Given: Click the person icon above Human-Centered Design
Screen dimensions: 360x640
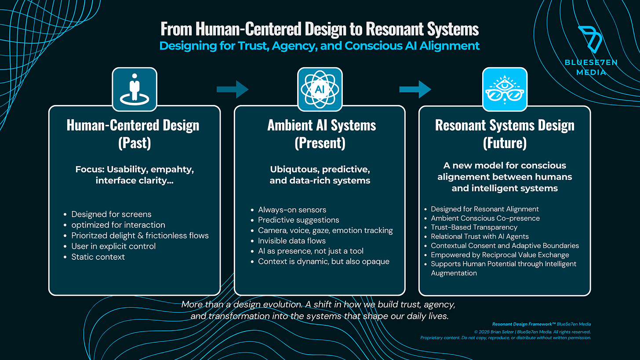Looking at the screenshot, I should click(134, 89).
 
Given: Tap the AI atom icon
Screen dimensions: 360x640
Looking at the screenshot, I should click(320, 89).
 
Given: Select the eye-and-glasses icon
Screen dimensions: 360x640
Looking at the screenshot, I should click(505, 89).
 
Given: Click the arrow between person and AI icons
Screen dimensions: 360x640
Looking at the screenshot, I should click(233, 89).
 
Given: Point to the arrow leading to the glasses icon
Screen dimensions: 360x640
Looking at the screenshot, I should click(415, 89).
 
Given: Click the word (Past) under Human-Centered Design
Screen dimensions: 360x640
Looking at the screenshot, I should click(134, 143).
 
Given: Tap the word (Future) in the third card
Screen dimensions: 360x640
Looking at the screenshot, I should click(505, 143).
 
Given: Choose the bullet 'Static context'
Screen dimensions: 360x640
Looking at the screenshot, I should click(98, 257).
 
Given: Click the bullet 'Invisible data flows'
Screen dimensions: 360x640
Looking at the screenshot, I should click(292, 240).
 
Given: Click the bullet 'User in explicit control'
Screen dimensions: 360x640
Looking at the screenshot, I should click(113, 246).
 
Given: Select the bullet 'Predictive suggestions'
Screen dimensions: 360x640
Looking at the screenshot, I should click(298, 220).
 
